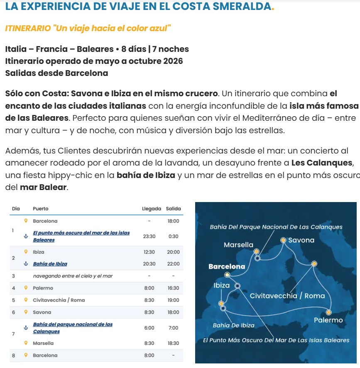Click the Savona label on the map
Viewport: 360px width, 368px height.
pos(301,240)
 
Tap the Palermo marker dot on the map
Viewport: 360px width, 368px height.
pos(329,312)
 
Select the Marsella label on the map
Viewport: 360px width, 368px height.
pos(238,245)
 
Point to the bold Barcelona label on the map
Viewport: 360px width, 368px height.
pos(227,266)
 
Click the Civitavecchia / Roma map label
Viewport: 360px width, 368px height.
pos(287,296)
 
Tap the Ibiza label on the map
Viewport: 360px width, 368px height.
pos(221,285)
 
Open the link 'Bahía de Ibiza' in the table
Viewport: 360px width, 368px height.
pos(50,264)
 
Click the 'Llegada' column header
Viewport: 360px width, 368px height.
pos(151,209)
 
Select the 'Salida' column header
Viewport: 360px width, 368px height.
pos(173,209)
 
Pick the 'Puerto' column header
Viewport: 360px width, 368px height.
pos(41,209)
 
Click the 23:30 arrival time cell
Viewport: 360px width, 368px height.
pos(149,236)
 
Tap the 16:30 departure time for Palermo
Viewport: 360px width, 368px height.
pos(173,288)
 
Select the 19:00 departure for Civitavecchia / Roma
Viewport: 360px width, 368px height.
pos(173,300)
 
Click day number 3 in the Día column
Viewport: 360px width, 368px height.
pos(13,276)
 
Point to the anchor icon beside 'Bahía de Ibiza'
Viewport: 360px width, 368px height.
pos(26,264)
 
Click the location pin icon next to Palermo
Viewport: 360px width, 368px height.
pos(26,288)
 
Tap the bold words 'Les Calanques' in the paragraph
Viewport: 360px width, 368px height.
pos(322,162)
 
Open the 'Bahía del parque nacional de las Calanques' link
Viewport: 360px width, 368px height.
pos(72,328)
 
